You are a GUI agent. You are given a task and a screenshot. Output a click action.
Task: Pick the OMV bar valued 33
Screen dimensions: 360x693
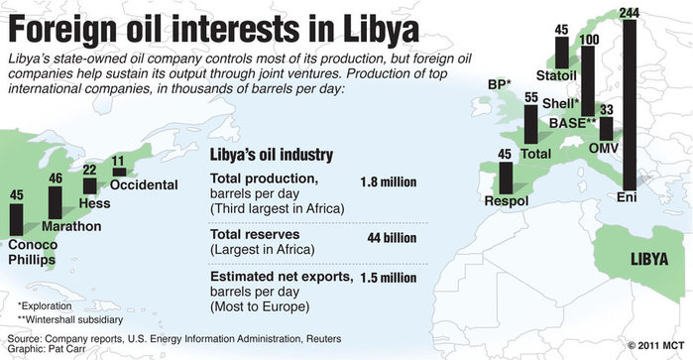pyautogui.click(x=606, y=130)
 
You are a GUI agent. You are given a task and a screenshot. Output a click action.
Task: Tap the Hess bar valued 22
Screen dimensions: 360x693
pyautogui.click(x=89, y=184)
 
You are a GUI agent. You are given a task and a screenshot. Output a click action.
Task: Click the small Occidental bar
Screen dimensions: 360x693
pyautogui.click(x=119, y=172)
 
